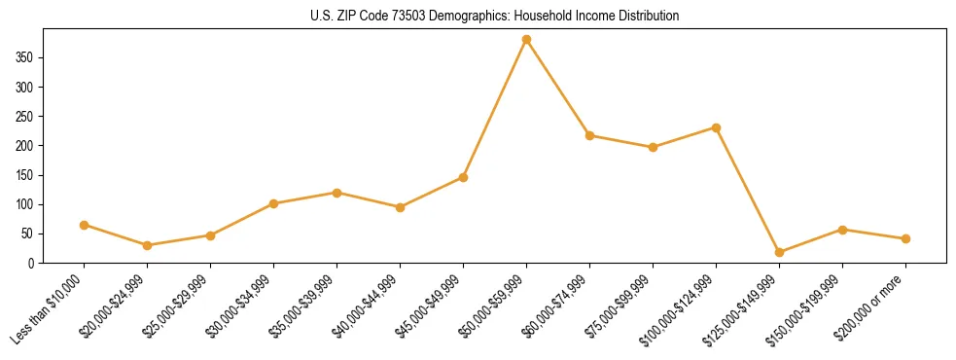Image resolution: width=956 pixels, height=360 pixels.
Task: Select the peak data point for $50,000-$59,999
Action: click(526, 40)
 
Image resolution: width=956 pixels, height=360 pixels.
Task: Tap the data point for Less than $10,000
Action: click(84, 225)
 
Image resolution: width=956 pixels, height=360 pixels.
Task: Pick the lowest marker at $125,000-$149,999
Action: click(779, 252)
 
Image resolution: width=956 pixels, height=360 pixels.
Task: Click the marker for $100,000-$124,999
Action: click(716, 127)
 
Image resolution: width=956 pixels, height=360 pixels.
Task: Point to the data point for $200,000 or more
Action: click(905, 238)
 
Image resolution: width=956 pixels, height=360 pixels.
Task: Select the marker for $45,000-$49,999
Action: click(463, 177)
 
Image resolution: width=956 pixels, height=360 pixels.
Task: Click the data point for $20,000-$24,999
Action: click(147, 245)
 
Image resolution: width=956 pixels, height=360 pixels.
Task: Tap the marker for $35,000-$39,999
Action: click(336, 193)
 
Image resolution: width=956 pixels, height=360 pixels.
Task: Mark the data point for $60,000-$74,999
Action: click(589, 135)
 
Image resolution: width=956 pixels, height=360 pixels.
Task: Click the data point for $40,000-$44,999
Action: click(400, 207)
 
